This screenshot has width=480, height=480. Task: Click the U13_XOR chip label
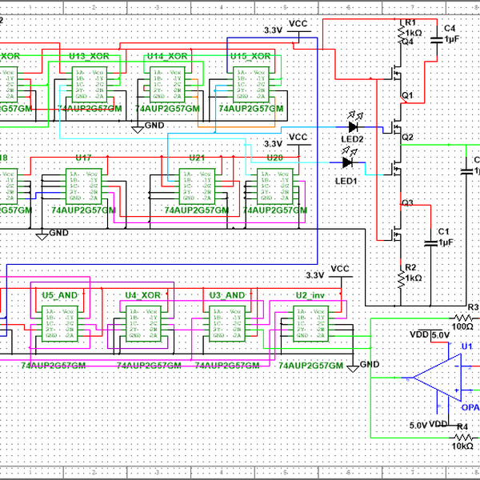89,56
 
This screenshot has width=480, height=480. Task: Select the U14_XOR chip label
166,56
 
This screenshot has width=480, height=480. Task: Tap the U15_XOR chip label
250,56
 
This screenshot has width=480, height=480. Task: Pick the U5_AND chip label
59,294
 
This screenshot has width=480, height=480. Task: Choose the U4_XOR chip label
144,294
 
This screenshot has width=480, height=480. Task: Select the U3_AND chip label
226,294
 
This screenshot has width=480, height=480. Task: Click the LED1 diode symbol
347,162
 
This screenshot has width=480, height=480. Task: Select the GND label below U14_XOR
154,126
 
